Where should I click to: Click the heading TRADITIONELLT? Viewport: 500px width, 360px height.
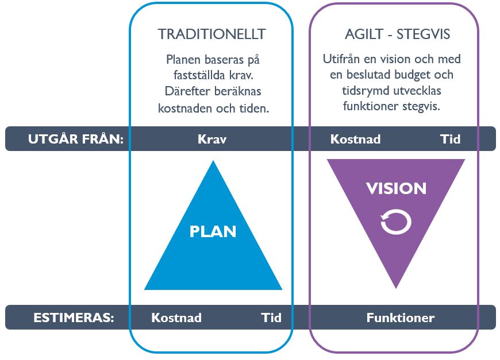pyautogui.click(x=211, y=34)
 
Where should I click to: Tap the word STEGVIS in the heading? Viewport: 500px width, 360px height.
pyautogui.click(x=423, y=34)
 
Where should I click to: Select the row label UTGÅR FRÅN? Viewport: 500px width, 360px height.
pyautogui.click(x=75, y=138)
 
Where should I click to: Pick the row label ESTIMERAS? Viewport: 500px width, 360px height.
pyautogui.click(x=74, y=318)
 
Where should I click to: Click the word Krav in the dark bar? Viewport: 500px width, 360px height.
pyautogui.click(x=212, y=139)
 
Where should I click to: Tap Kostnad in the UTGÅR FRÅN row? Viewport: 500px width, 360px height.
pyautogui.click(x=356, y=139)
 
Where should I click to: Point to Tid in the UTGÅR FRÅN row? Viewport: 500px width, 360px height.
pyautogui.click(x=450, y=139)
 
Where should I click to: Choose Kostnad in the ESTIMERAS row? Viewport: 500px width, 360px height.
pyautogui.click(x=176, y=318)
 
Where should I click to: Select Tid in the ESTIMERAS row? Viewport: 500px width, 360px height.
pyautogui.click(x=271, y=318)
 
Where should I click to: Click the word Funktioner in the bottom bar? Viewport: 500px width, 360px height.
pyautogui.click(x=401, y=318)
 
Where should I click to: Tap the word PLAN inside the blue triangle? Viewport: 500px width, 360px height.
pyautogui.click(x=213, y=231)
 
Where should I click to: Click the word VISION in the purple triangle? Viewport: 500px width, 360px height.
pyautogui.click(x=396, y=188)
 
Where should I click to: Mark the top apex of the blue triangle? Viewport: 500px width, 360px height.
pyautogui.click(x=213, y=161)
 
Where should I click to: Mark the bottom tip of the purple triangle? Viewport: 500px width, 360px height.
pyautogui.click(x=396, y=289)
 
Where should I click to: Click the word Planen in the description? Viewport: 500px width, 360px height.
pyautogui.click(x=183, y=60)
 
